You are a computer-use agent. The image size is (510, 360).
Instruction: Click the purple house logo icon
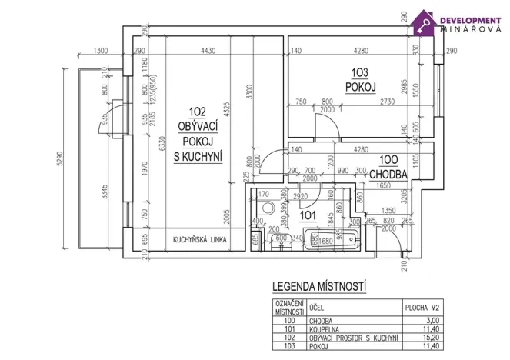click(424, 22)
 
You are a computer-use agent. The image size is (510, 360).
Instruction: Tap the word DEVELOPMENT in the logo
click(469, 18)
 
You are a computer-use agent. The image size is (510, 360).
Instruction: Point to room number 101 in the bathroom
click(307, 215)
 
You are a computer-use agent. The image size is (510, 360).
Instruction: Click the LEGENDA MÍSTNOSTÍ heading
click(319, 287)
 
